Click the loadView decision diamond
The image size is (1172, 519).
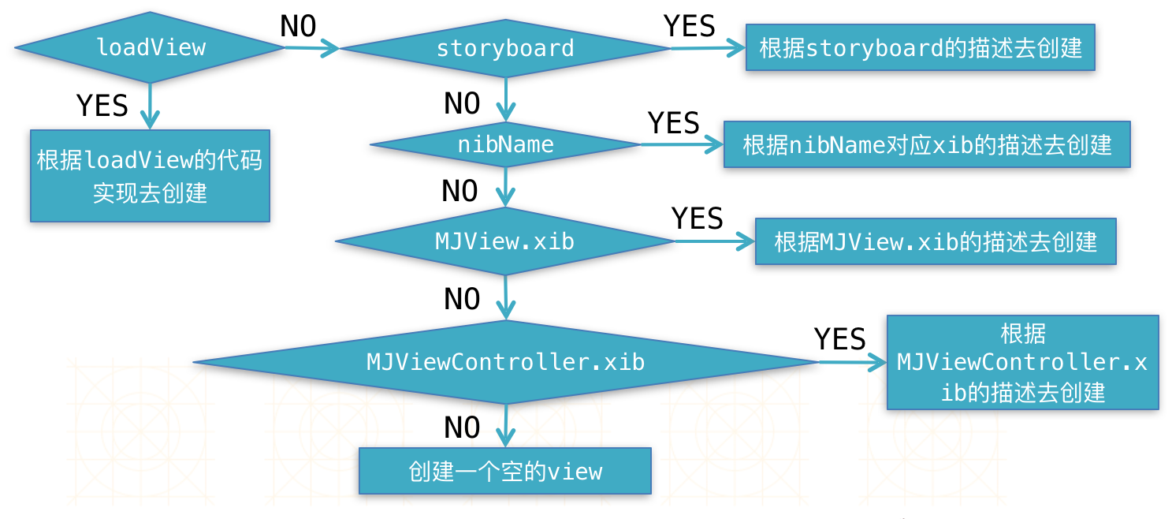tap(151, 47)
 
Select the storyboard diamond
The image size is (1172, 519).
tap(505, 48)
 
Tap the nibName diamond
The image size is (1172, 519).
tap(505, 144)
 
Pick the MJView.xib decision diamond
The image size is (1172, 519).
tap(505, 241)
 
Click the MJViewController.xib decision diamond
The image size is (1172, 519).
tap(506, 362)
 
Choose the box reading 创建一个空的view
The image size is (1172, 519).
tap(505, 471)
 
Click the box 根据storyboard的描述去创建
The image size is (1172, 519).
tap(921, 47)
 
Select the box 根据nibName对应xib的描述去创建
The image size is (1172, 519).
tap(927, 144)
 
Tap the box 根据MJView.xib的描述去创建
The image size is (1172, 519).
tap(936, 241)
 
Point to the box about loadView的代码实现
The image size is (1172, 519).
tap(151, 176)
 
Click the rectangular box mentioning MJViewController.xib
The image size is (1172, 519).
tap(1023, 362)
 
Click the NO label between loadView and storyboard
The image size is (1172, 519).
tap(298, 26)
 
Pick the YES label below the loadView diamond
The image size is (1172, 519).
tap(102, 105)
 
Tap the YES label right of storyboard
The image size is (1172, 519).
tap(690, 26)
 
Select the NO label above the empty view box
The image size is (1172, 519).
tap(462, 428)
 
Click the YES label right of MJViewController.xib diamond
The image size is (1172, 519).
tap(839, 339)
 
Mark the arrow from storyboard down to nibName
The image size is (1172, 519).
tap(505, 99)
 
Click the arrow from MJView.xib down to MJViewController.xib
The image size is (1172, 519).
tap(505, 297)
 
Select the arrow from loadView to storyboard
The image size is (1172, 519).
tap(312, 48)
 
